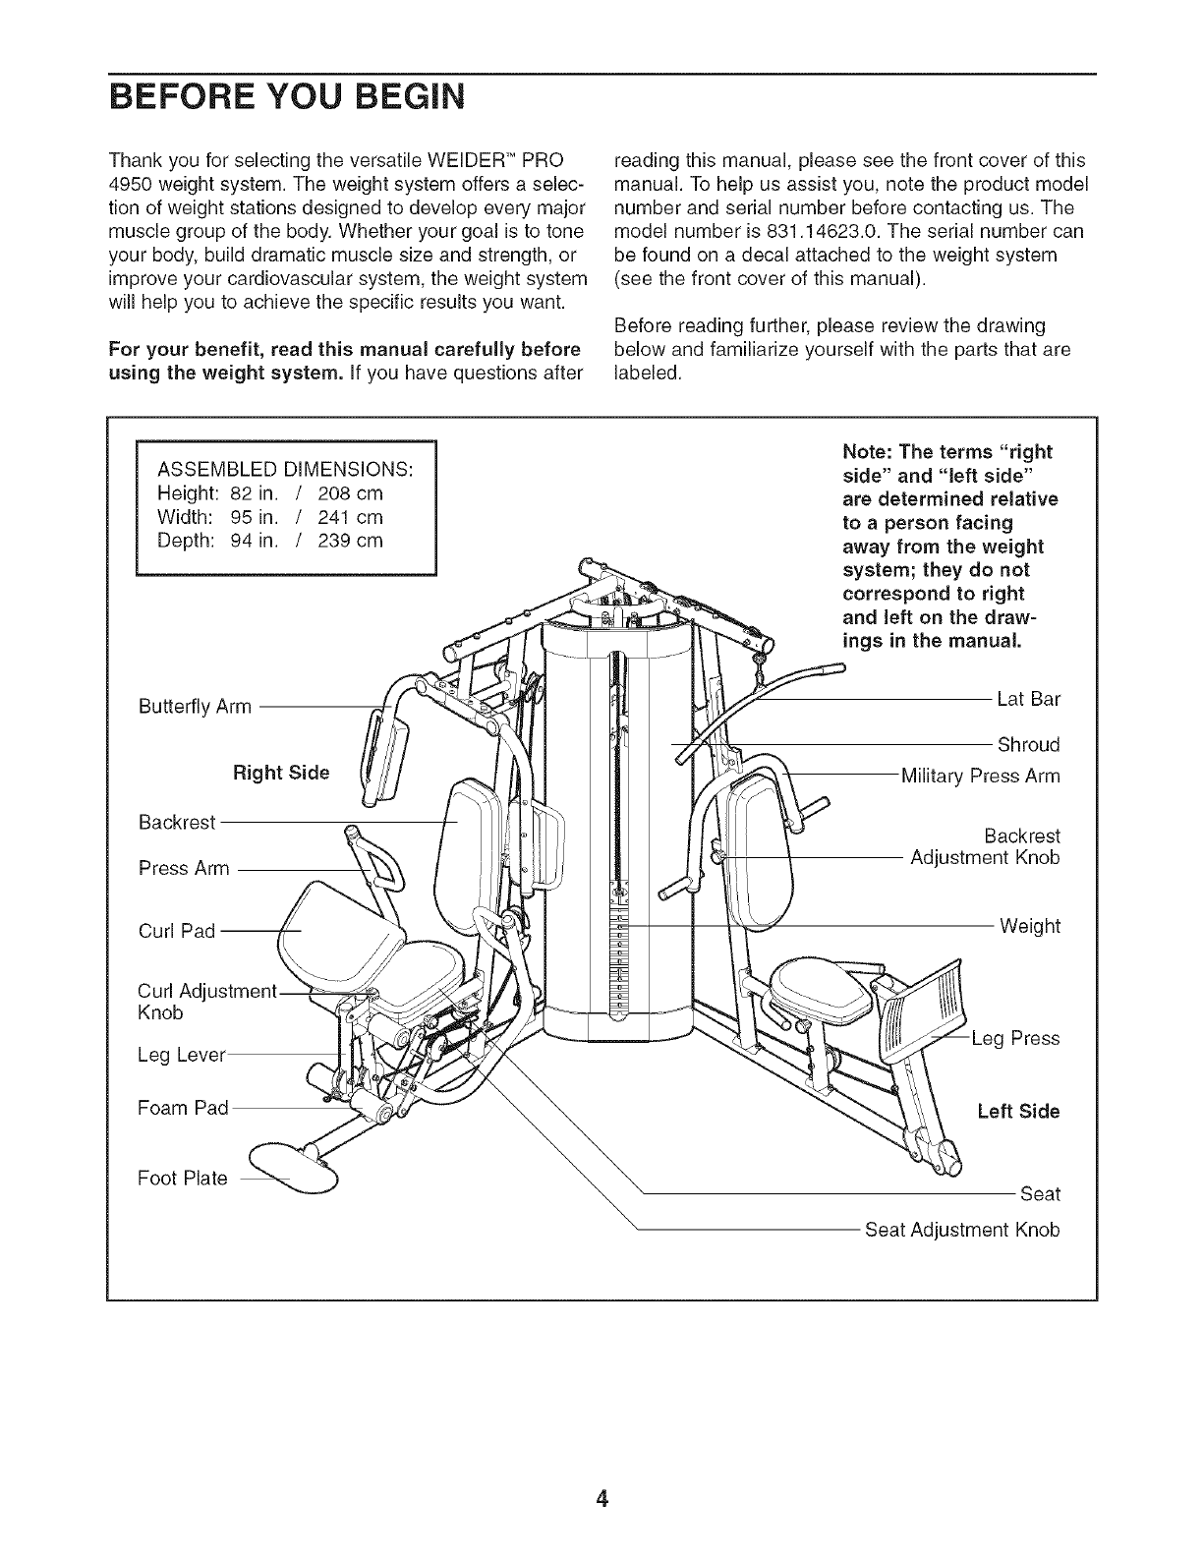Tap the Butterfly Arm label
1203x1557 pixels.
click(195, 707)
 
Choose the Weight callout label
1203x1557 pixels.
click(1030, 926)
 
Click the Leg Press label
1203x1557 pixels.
click(1015, 1038)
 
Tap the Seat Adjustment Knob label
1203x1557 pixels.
click(962, 1230)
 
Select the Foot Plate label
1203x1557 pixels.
click(183, 1178)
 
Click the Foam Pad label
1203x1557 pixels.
click(183, 1108)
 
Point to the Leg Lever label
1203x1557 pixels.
click(182, 1056)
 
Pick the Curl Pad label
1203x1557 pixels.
click(177, 931)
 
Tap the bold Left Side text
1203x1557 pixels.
click(1018, 1112)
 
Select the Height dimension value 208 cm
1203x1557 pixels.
click(350, 492)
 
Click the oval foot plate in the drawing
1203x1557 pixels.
click(294, 1167)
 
